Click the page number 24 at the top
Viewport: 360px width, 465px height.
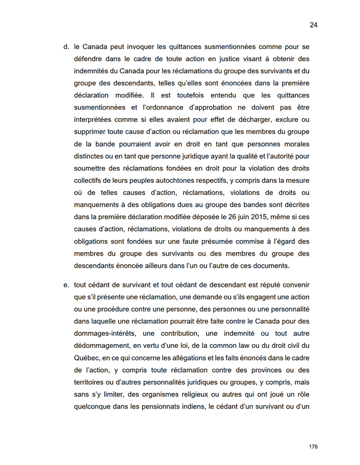(314, 25)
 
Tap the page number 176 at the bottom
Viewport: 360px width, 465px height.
(313, 447)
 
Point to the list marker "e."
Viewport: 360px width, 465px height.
(66, 284)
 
